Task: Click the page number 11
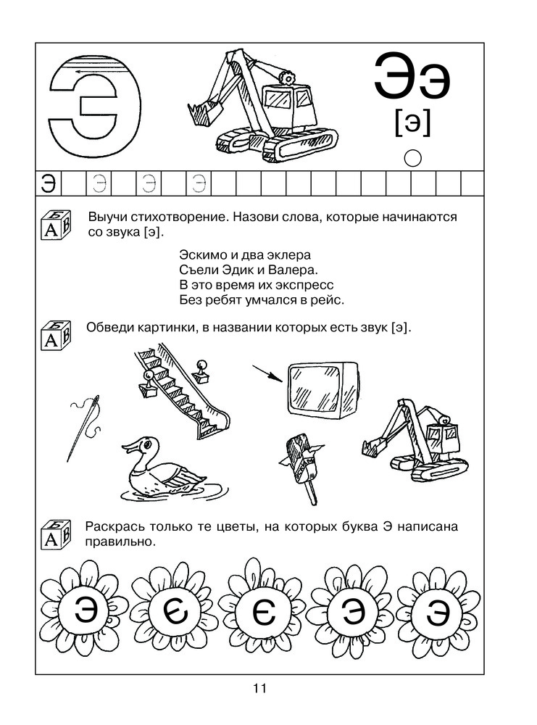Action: [261, 688]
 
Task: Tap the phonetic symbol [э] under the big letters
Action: [412, 124]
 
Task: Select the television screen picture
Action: [320, 389]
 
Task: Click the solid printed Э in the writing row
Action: [49, 183]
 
